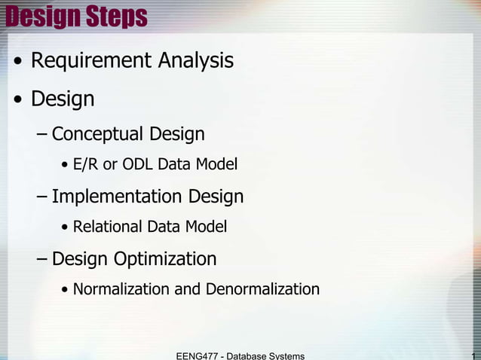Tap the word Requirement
(91, 60)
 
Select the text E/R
(87, 164)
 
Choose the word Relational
(108, 227)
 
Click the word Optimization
(165, 260)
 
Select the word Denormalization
(260, 289)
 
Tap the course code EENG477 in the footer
(198, 355)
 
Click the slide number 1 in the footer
(473, 355)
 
